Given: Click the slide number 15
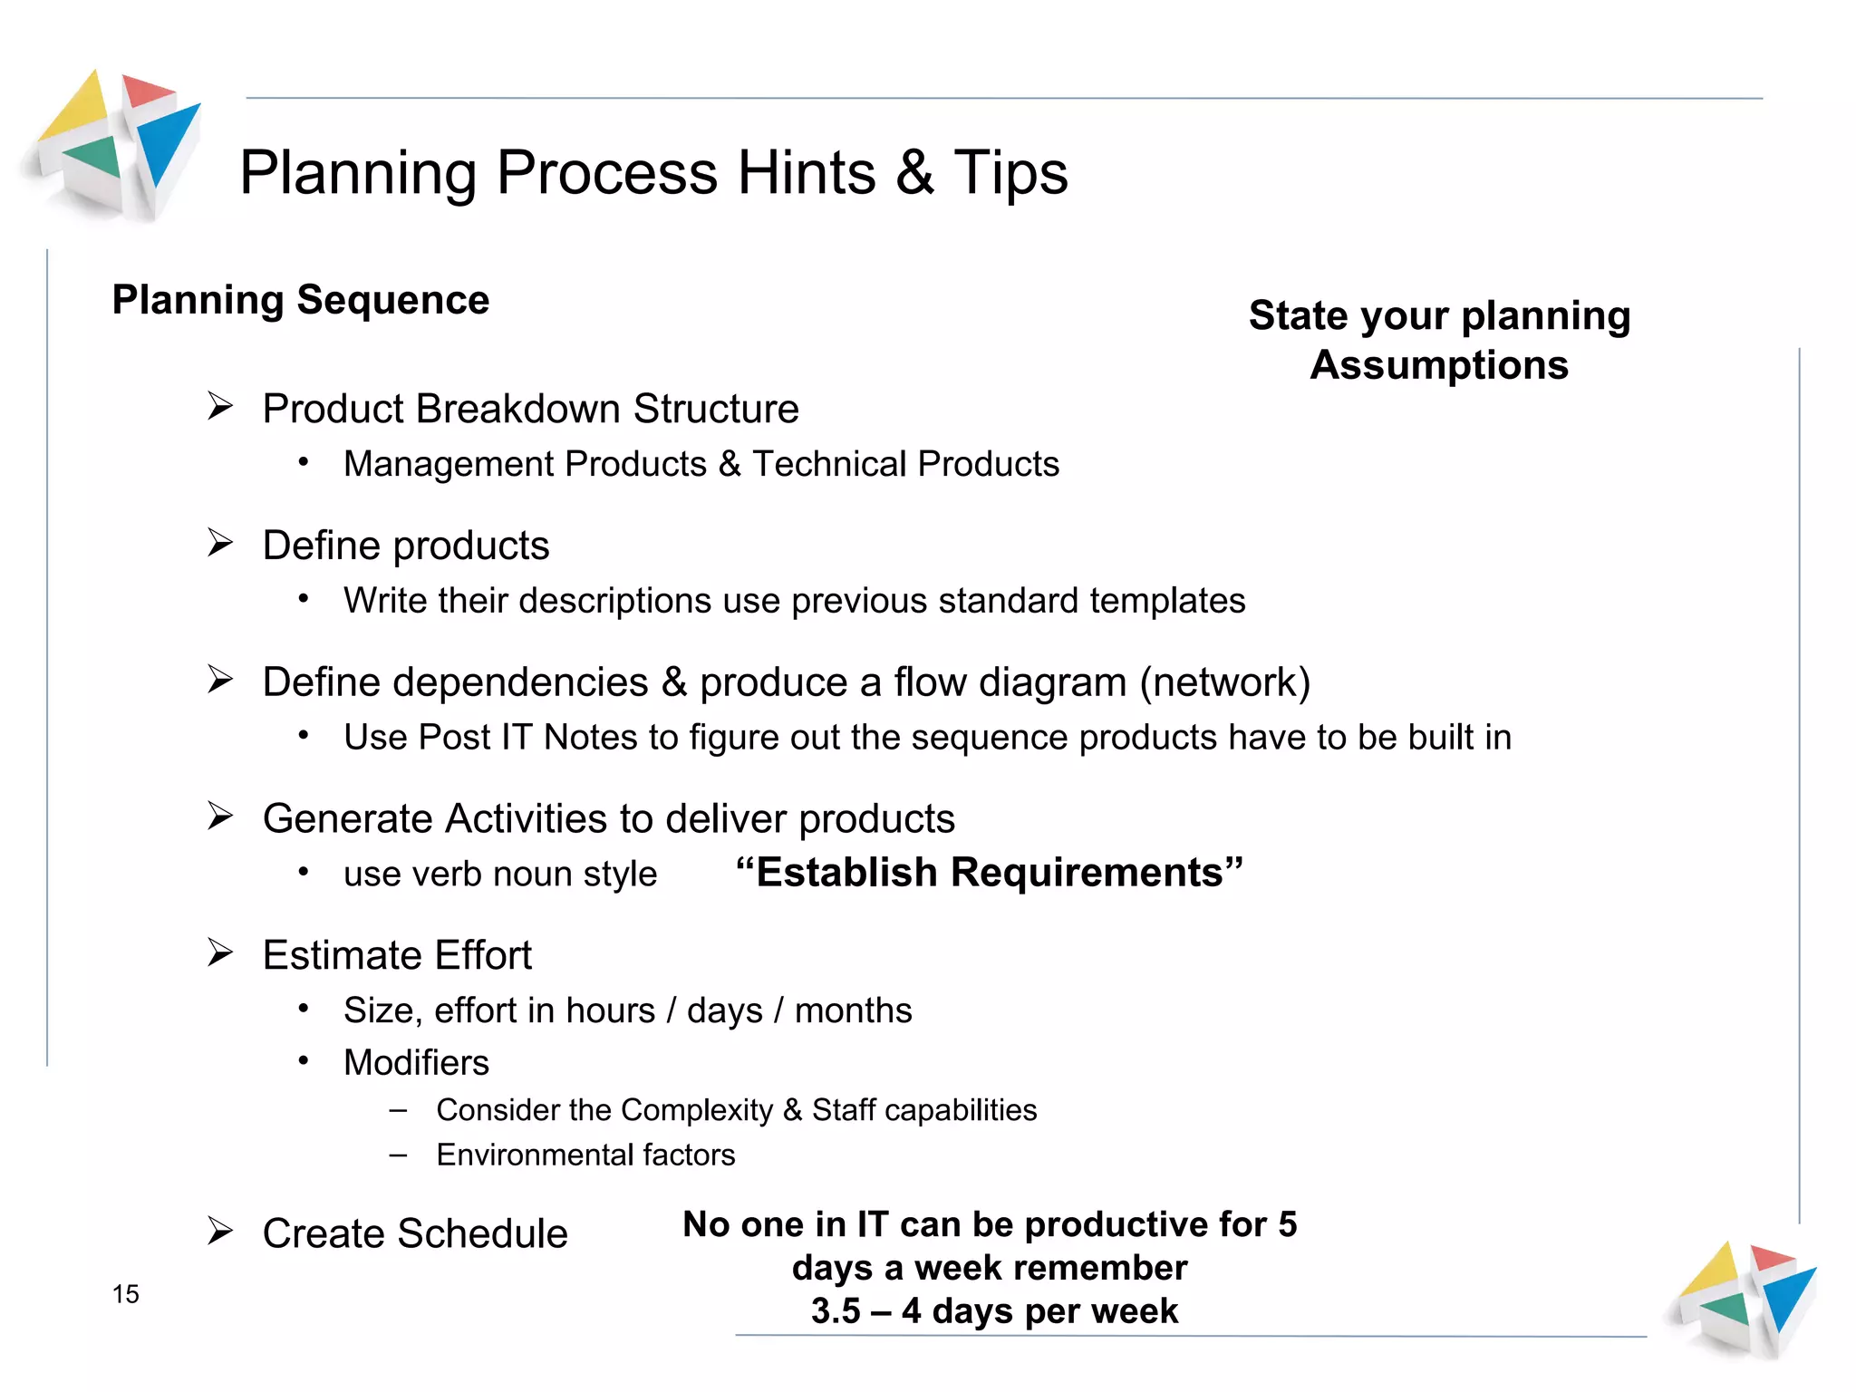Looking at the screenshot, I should point(126,1294).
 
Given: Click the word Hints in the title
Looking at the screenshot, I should point(807,172).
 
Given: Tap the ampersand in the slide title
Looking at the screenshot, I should point(914,172).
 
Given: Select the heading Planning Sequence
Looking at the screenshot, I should point(300,300).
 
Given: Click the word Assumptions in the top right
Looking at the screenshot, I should point(1439,365).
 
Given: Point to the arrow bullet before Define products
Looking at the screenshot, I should point(219,543).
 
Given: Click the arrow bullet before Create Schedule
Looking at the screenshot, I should point(219,1231).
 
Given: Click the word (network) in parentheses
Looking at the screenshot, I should point(1225,682).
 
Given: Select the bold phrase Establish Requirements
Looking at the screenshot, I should point(990,873).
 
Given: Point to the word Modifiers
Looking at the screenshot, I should point(416,1063).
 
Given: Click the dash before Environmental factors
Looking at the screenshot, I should point(398,1155).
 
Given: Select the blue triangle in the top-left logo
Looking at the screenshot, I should point(169,140).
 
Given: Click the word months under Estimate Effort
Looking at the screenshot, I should point(853,1010).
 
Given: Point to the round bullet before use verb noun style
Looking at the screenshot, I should point(304,873).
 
